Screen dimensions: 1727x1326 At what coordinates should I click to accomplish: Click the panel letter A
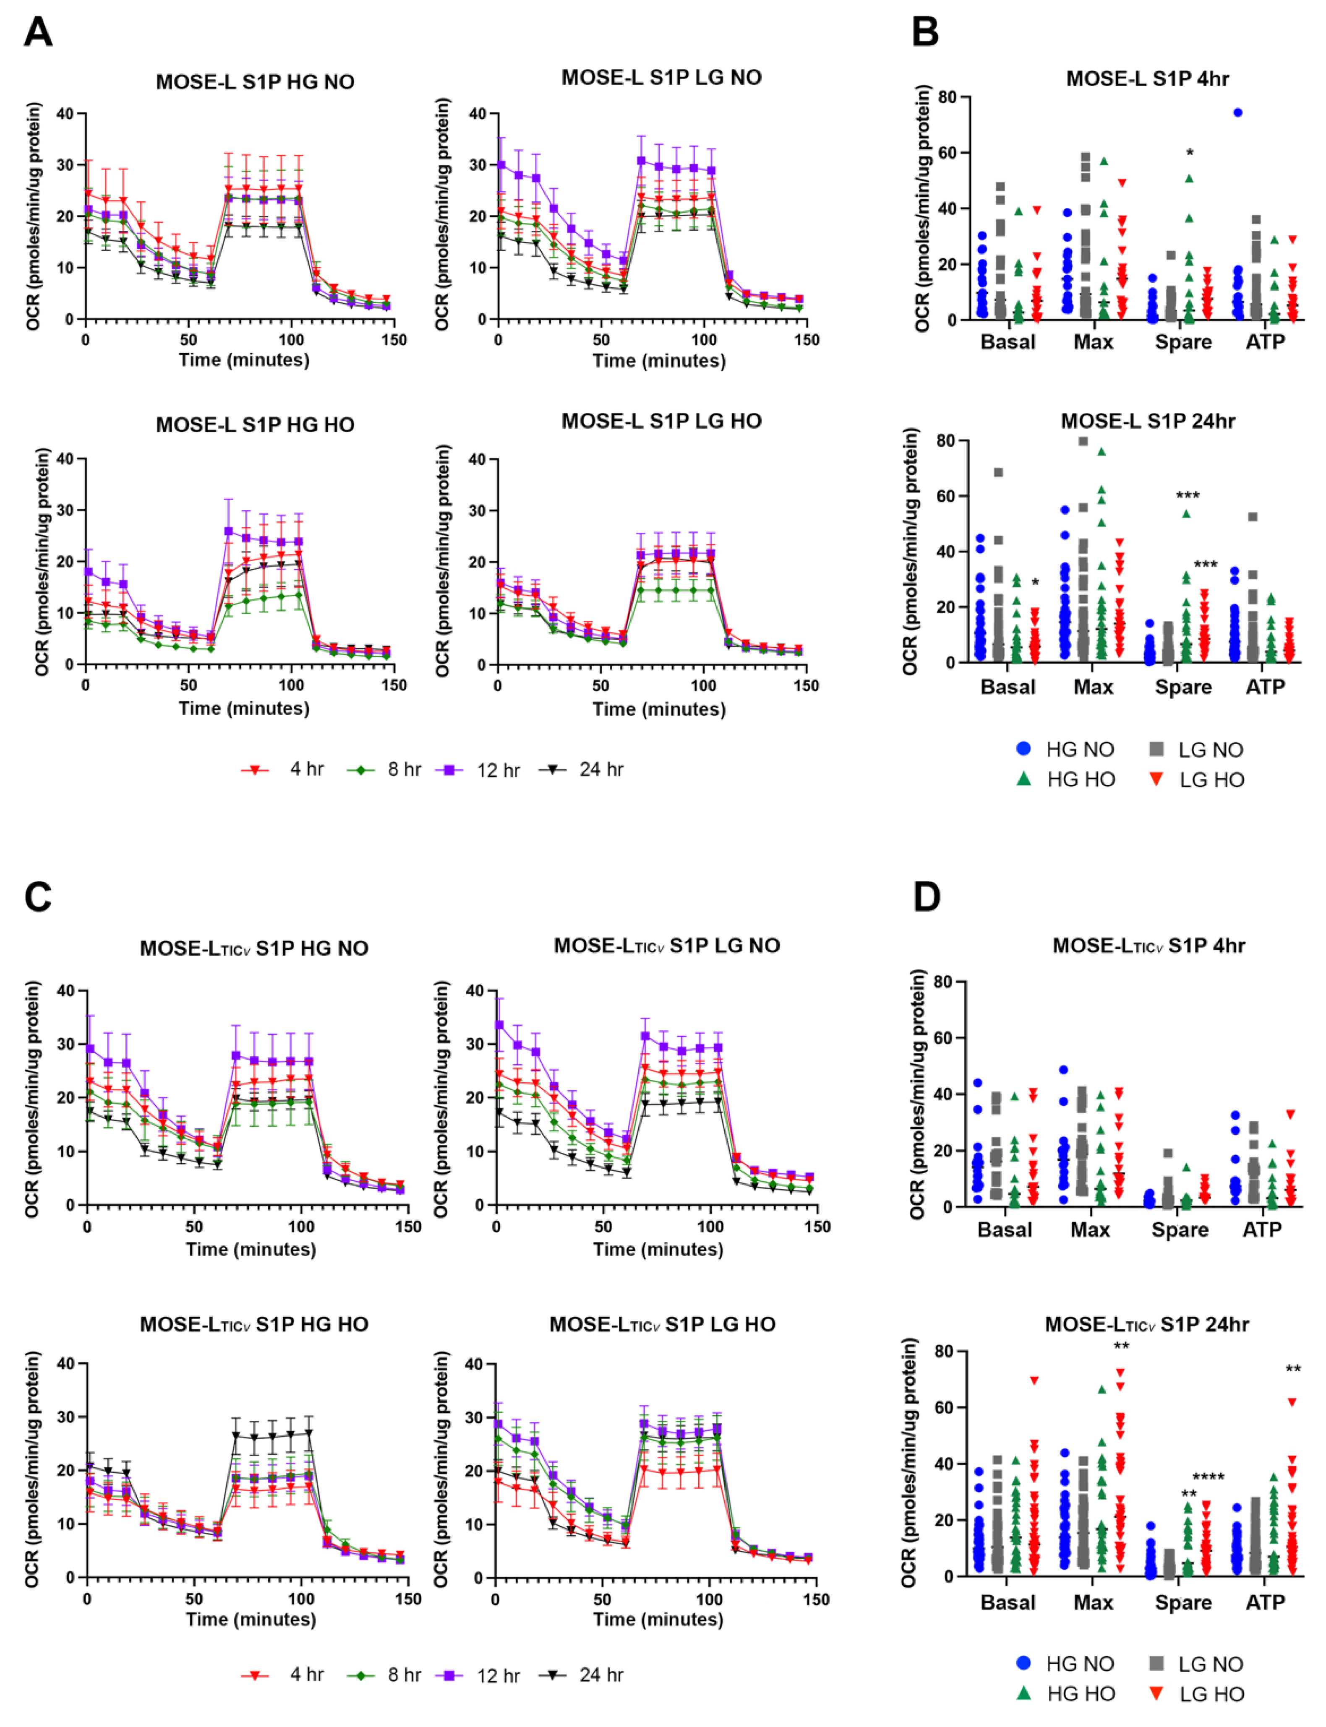coord(38,33)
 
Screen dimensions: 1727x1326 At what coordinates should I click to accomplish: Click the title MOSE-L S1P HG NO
coord(255,82)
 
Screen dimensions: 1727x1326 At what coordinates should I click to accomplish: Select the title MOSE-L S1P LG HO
coord(661,421)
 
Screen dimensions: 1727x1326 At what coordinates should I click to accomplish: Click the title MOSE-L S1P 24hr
coord(1148,421)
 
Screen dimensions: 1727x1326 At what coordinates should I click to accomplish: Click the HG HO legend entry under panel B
coord(1065,779)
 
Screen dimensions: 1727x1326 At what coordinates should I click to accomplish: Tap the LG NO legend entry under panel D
coord(1196,1664)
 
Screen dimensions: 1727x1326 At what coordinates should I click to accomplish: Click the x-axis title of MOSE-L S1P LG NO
coord(659,361)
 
